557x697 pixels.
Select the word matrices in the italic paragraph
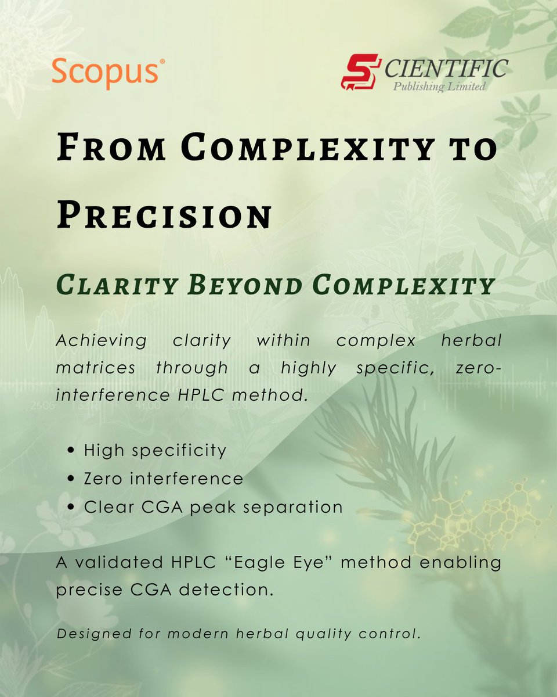96,367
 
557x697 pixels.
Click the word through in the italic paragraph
192,368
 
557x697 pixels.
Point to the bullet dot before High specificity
71,451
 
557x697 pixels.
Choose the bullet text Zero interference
163,479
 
